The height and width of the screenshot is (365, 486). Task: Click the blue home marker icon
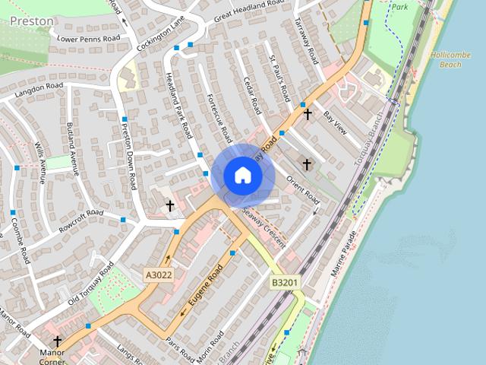coord(243,176)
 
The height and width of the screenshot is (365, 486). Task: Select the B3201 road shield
coord(286,283)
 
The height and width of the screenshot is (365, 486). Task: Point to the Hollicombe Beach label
coord(456,60)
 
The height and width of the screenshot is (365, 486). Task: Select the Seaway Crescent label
coord(264,226)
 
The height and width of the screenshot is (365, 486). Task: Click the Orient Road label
coord(303,189)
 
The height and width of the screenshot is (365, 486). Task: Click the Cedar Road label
coord(252,92)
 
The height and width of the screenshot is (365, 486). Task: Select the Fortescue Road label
coord(219,119)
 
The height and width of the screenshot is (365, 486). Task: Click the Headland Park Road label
coord(178,105)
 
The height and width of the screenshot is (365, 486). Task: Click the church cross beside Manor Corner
coord(57,341)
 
